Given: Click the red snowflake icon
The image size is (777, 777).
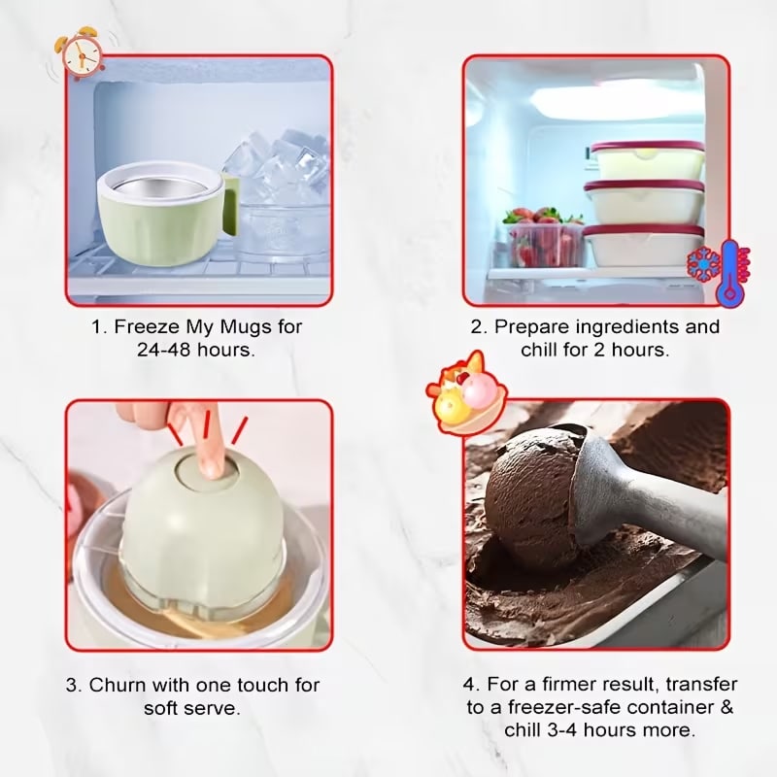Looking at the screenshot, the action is [x=702, y=265].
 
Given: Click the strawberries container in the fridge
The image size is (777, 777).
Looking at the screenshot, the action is [x=544, y=239].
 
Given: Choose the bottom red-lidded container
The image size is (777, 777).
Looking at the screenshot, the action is [x=643, y=246].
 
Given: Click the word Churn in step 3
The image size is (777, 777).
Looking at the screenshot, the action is [x=118, y=685].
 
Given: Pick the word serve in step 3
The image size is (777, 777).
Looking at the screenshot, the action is [x=215, y=709].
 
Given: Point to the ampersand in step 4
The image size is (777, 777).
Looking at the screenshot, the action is [x=726, y=707].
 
